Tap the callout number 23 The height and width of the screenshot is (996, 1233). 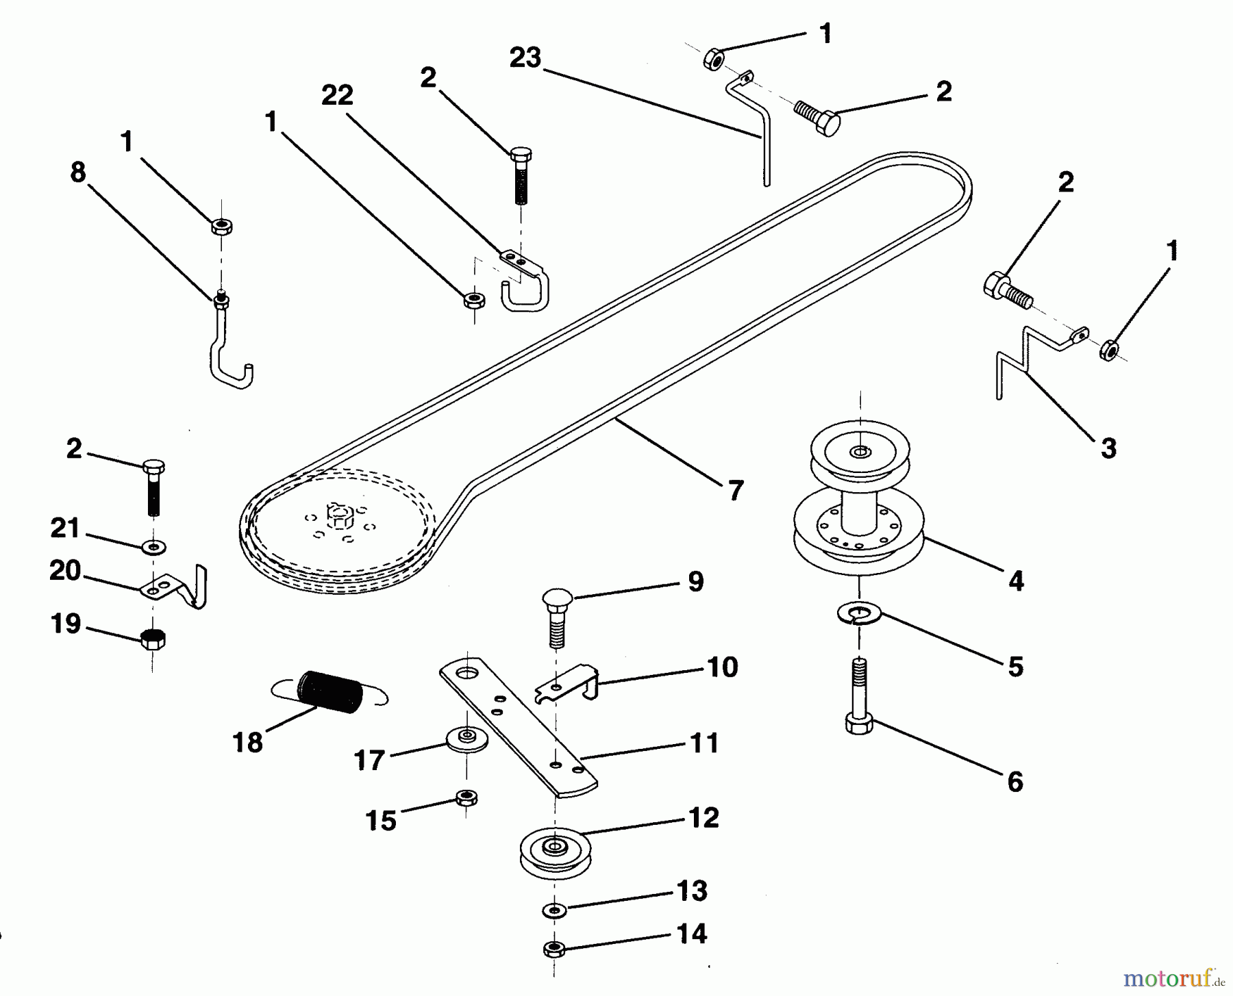525,58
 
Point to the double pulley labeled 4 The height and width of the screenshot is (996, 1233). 859,507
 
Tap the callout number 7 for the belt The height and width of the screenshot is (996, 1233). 735,490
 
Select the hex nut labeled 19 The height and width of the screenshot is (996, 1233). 152,639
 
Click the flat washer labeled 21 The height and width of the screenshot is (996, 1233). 153,547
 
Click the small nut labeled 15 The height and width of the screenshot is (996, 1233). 466,797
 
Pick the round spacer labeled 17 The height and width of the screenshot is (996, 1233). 466,738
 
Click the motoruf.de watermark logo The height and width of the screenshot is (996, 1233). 1175,977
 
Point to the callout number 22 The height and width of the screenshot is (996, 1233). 337,96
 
